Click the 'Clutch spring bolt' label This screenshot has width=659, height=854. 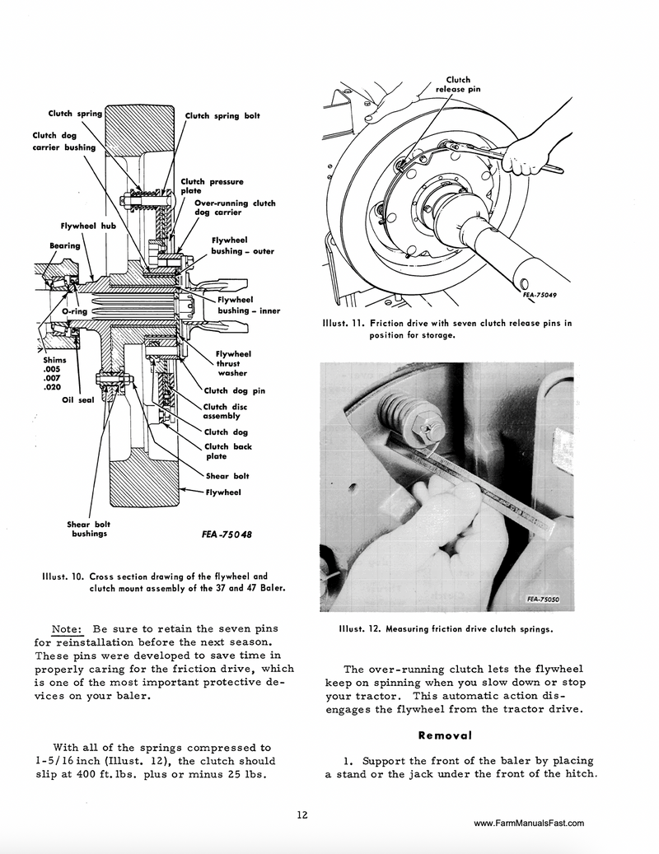(x=222, y=116)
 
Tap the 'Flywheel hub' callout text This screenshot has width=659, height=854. (x=90, y=225)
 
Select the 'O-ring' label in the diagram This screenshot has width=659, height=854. (x=75, y=313)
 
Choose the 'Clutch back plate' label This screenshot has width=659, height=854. (x=227, y=451)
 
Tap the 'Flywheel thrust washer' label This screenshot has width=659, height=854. (x=234, y=363)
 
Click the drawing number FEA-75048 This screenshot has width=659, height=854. (x=227, y=534)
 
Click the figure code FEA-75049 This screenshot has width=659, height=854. (x=540, y=294)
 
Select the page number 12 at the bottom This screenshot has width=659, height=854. (x=302, y=815)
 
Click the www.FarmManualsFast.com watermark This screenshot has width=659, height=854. (x=530, y=822)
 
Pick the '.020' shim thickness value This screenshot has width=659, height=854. (x=51, y=387)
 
